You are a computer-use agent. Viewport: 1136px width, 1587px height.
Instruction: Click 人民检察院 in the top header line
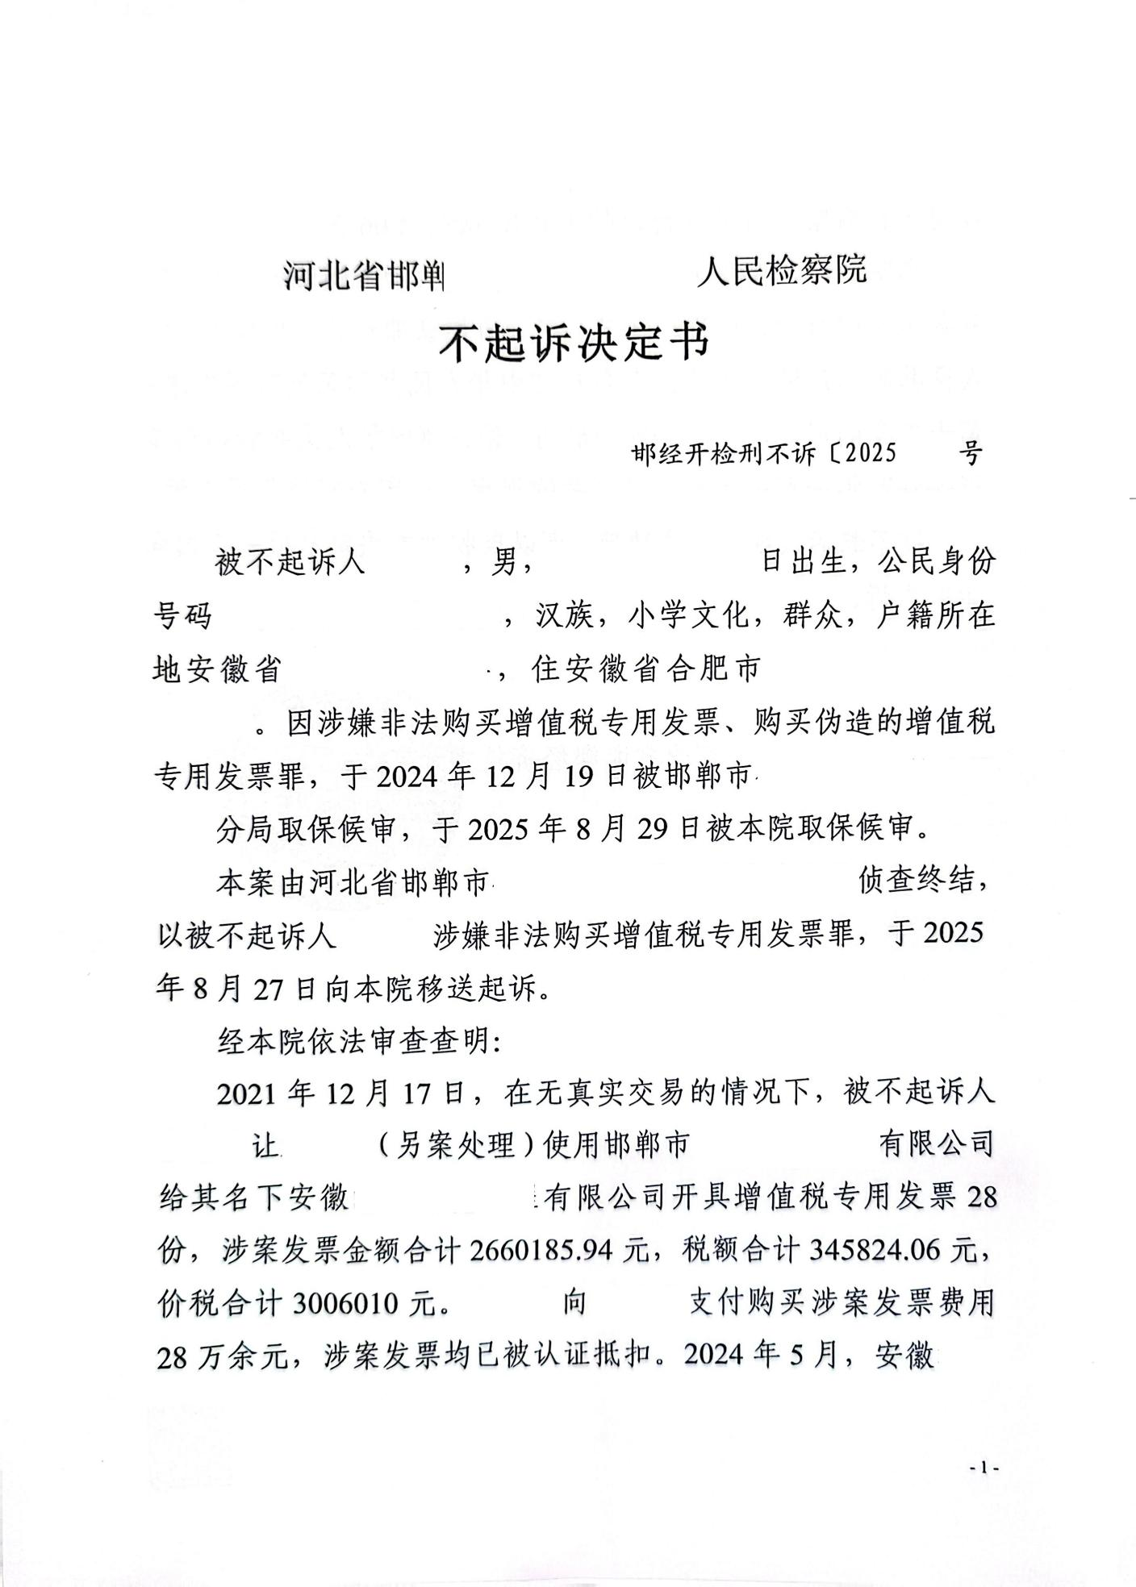coord(781,270)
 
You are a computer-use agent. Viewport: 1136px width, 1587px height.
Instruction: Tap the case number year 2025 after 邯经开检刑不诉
coord(867,453)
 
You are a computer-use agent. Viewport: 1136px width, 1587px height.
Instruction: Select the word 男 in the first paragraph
coord(503,562)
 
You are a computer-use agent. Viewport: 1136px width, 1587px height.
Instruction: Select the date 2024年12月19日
coord(499,776)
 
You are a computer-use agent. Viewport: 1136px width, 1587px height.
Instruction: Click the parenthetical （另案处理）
coord(457,1146)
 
